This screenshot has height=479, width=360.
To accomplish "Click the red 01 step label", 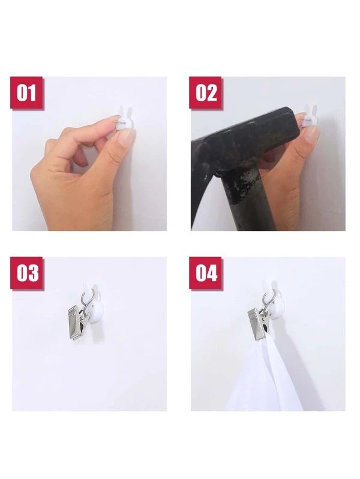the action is pyautogui.click(x=26, y=92).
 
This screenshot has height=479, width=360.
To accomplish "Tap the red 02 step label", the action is pyautogui.click(x=205, y=92).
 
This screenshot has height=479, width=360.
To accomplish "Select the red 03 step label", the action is pyautogui.click(x=26, y=273).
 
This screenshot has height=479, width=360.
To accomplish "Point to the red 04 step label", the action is pyautogui.click(x=205, y=273).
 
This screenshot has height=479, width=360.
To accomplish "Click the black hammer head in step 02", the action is pyautogui.click(x=245, y=137).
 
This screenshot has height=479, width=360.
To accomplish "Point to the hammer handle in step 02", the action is pyautogui.click(x=248, y=198).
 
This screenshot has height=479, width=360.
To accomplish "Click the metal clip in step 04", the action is pyautogui.click(x=259, y=323).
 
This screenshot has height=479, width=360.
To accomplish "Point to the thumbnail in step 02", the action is pyautogui.click(x=313, y=134).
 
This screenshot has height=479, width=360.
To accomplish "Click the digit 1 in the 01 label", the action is pyautogui.click(x=32, y=92).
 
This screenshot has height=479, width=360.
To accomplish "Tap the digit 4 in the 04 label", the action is pyautogui.click(x=212, y=273).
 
